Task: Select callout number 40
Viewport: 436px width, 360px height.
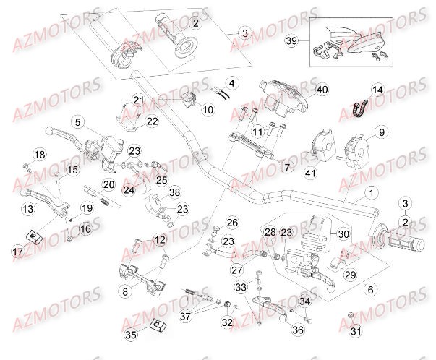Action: tap(321, 90)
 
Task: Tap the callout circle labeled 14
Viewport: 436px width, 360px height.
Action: tap(376, 89)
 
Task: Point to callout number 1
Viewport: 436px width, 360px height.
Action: tap(371, 193)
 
